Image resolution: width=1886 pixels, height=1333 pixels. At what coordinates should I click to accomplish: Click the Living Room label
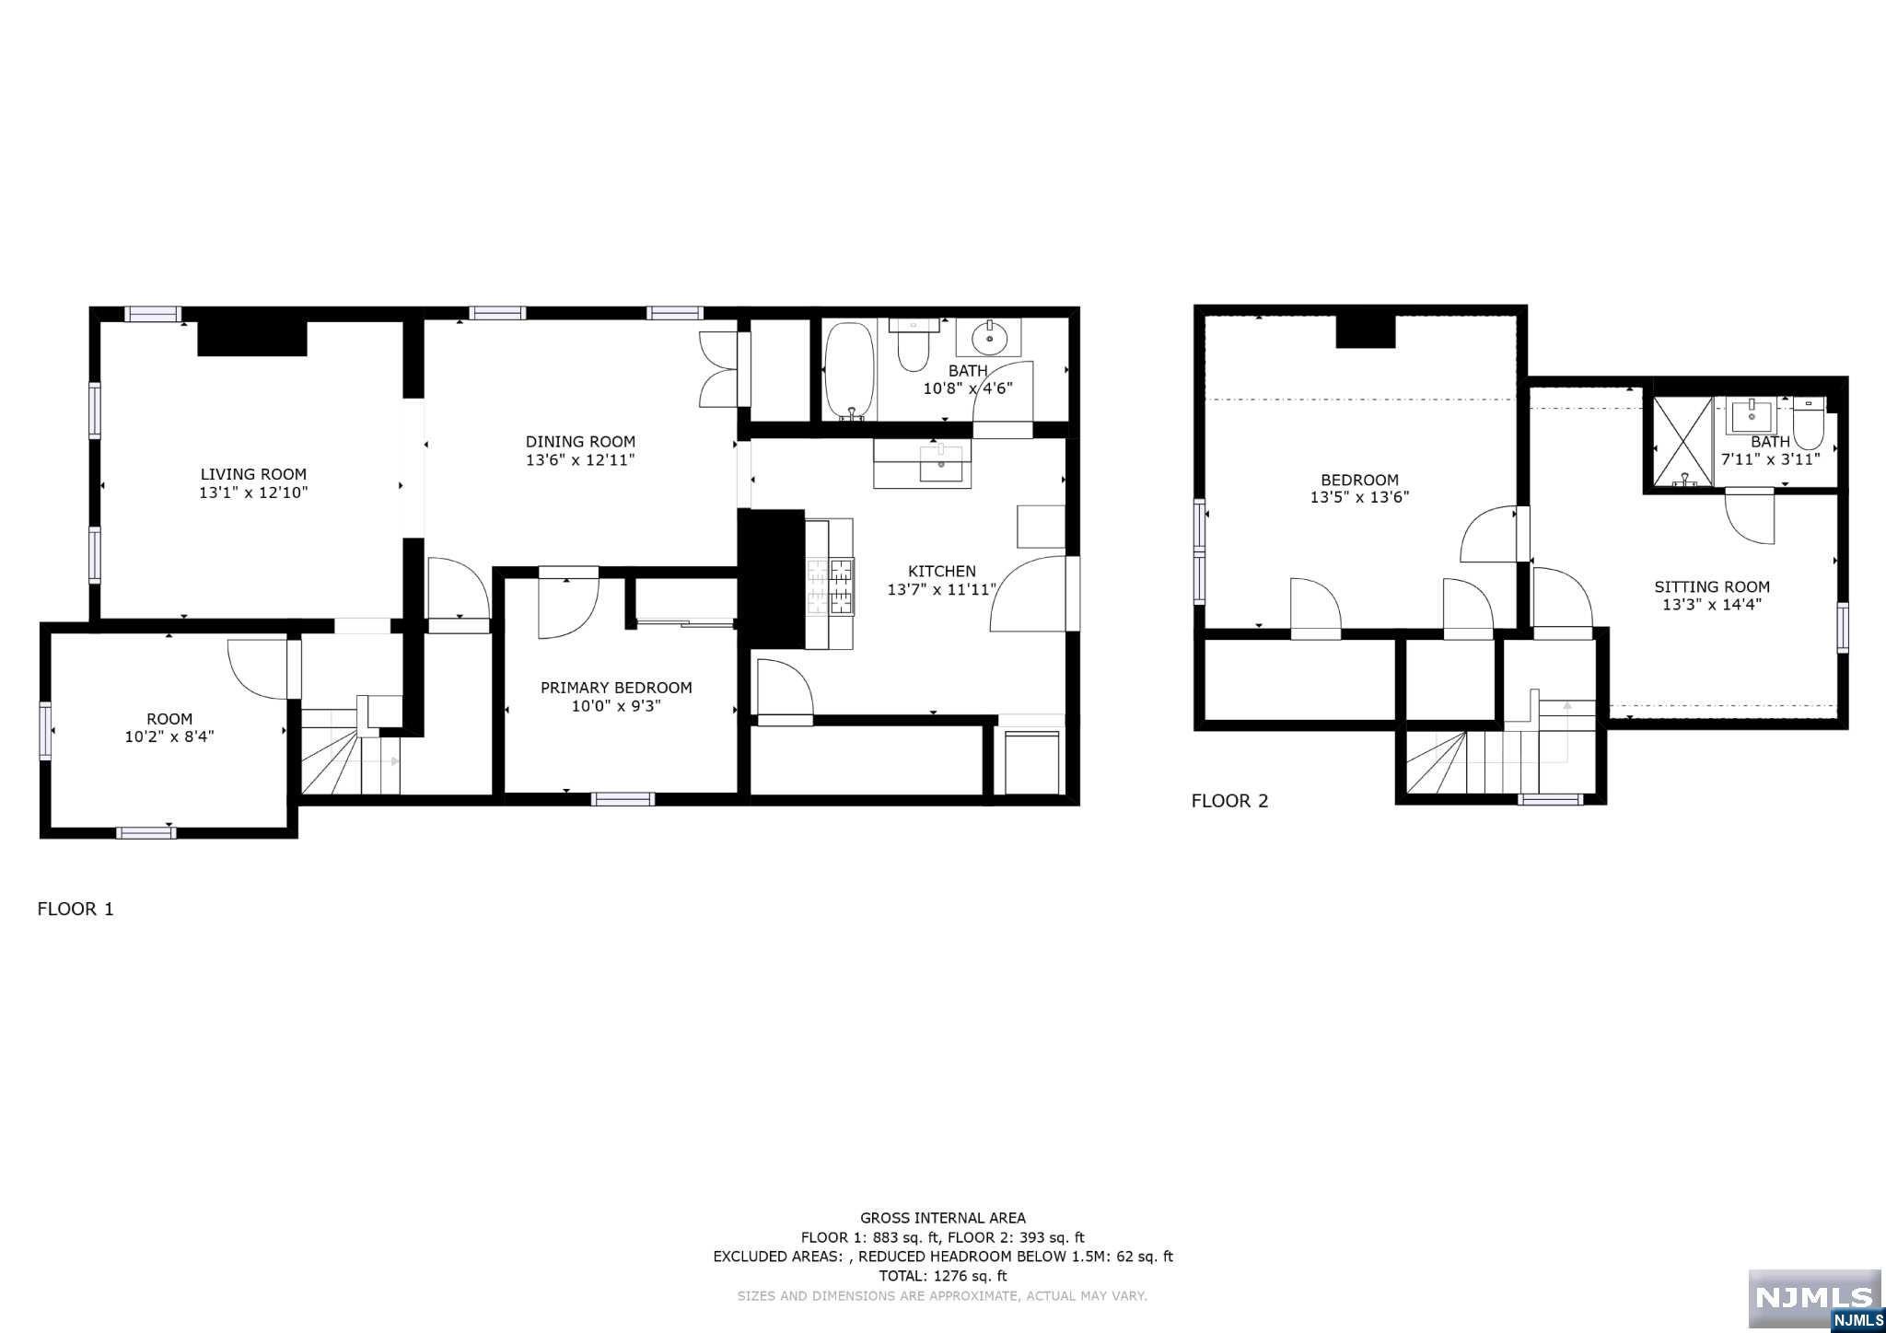[x=253, y=474]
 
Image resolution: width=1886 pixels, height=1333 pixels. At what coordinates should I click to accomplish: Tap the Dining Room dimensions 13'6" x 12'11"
[x=580, y=460]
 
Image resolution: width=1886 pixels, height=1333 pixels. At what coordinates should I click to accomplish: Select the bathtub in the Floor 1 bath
[x=848, y=371]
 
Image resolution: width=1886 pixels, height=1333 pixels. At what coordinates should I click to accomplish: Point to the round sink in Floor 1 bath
[x=989, y=337]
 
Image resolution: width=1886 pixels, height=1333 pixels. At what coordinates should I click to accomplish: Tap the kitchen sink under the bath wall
[x=941, y=464]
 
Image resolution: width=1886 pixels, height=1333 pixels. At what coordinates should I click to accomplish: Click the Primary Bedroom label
[x=615, y=688]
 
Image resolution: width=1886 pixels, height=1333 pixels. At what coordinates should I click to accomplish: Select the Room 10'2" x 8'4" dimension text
[x=169, y=736]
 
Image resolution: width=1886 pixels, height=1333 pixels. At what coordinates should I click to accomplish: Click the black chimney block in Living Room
[x=251, y=338]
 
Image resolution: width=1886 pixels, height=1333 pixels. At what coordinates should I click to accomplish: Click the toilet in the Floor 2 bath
[x=1808, y=423]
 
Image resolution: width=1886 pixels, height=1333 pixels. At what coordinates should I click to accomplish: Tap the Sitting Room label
[x=1711, y=586]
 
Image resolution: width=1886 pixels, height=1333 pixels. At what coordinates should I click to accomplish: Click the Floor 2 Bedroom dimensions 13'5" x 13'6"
[x=1359, y=497]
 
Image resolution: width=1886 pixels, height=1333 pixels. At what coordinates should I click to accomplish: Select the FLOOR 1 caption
[x=76, y=910]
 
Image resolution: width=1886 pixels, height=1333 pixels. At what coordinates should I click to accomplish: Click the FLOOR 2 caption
[x=1229, y=801]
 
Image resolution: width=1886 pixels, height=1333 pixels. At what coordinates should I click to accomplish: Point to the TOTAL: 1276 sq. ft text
[x=942, y=1276]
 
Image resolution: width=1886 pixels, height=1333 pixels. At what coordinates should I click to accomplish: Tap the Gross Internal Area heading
[x=942, y=1218]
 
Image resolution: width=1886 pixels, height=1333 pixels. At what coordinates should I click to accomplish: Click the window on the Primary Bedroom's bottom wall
[x=623, y=799]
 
